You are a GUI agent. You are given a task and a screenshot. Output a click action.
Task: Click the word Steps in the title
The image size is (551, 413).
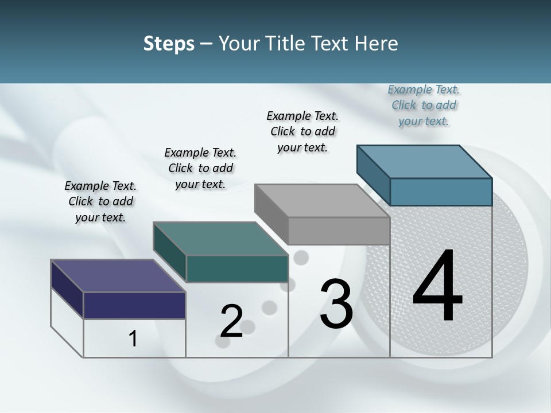[169, 44]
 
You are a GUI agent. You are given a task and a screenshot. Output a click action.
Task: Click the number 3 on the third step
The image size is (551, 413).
[336, 303]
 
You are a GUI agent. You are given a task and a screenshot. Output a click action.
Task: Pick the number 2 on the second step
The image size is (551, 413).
[231, 321]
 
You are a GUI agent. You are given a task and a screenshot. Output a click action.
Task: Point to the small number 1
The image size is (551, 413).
[133, 338]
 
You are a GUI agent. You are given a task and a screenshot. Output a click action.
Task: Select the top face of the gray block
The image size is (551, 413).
[322, 201]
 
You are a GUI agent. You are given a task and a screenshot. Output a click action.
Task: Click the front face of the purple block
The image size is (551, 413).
[134, 305]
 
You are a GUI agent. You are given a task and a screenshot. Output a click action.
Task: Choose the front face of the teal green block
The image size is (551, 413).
[237, 268]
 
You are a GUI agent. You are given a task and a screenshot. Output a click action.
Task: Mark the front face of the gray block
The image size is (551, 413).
[339, 231]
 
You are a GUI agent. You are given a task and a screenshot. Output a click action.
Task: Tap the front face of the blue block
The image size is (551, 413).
[441, 192]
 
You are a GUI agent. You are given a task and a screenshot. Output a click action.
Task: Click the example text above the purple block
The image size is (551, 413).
[100, 201]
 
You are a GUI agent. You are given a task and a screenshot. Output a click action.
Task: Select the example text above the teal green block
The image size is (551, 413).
[200, 168]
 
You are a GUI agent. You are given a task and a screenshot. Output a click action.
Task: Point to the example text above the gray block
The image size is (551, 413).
[302, 131]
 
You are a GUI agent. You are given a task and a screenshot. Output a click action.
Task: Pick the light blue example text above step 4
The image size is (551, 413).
[424, 106]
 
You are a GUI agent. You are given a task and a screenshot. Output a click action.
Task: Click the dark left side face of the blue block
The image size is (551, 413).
[374, 174]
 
